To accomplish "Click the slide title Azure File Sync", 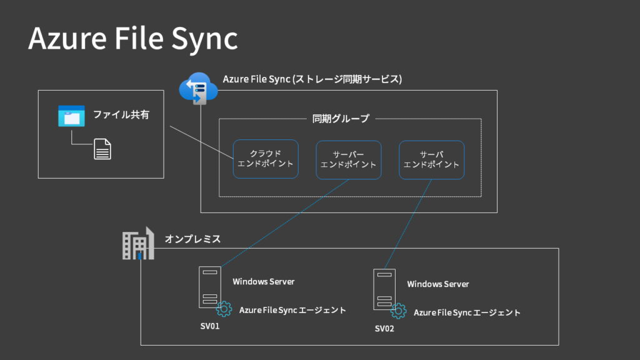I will (132, 38).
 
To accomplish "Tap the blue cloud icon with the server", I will (197, 89).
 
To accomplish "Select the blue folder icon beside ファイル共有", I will (71, 116).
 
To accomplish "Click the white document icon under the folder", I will (102, 149).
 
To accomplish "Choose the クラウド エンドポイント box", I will (266, 159).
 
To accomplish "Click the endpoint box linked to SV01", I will (348, 159).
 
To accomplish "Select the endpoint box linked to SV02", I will (431, 159).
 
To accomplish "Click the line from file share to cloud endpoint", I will (200, 142).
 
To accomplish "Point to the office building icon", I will (137, 243).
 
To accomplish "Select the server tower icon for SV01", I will (209, 287).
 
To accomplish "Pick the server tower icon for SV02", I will (384, 289).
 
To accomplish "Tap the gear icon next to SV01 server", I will (224, 309).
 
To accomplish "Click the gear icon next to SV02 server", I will (398, 311).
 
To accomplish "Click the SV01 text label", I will (209, 326).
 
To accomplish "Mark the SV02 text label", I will (384, 329).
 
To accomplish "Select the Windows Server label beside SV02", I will (437, 284).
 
